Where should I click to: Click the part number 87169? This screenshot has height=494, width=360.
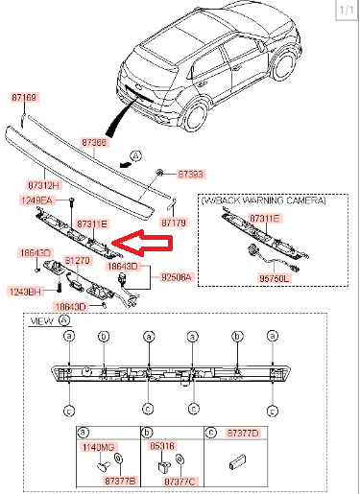click(25, 97)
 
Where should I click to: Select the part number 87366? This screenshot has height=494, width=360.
click(94, 142)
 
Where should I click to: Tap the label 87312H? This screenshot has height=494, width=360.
click(44, 185)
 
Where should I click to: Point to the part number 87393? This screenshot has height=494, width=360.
click(190, 175)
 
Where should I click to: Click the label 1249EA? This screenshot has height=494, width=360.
click(36, 200)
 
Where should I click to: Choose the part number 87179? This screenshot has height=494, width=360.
click(174, 223)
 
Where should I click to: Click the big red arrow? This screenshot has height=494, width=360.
click(143, 243)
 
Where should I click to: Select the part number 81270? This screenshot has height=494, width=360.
click(77, 261)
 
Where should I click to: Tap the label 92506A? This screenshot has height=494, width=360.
click(177, 277)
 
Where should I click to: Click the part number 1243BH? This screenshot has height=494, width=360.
click(25, 292)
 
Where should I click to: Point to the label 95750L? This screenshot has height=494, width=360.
click(274, 278)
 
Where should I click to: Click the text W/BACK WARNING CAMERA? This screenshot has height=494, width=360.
click(264, 200)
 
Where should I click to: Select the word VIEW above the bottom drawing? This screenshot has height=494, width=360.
click(41, 321)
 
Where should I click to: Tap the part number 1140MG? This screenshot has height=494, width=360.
click(99, 447)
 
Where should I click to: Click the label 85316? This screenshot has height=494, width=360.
click(162, 446)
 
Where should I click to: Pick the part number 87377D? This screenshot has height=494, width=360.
click(243, 433)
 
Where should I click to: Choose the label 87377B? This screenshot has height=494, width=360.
click(121, 481)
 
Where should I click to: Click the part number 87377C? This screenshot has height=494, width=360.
click(180, 482)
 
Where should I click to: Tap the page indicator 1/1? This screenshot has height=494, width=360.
click(347, 10)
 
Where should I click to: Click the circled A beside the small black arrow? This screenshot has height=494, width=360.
click(136, 156)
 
